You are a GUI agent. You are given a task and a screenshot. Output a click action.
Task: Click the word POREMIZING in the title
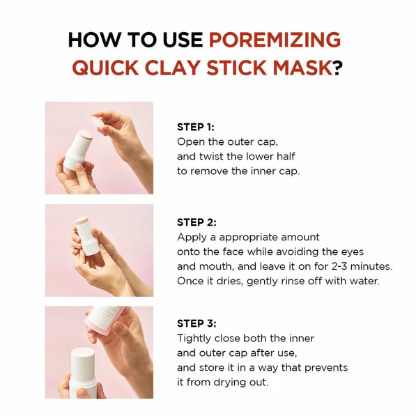[x=275, y=40]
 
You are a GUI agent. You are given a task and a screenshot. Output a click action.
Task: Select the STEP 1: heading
[x=196, y=128]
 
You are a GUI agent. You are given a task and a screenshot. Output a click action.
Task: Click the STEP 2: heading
[x=197, y=222]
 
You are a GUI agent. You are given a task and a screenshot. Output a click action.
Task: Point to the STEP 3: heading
[x=197, y=323]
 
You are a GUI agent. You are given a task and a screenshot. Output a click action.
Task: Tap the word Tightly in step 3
[x=195, y=339]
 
